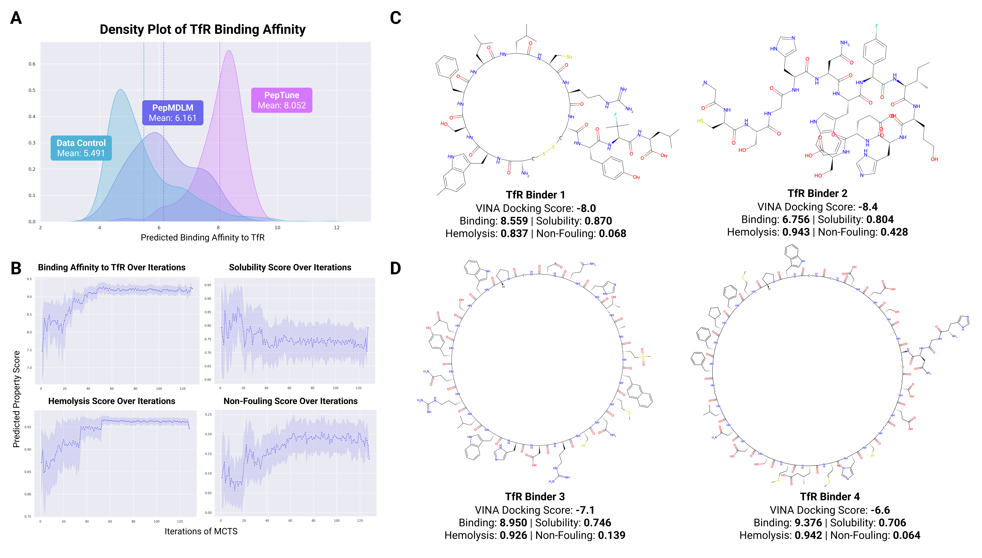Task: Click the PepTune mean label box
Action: click(281, 100)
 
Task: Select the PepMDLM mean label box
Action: click(173, 113)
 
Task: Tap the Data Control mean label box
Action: click(81, 148)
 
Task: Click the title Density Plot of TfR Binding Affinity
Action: click(202, 29)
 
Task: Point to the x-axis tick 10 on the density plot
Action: click(277, 228)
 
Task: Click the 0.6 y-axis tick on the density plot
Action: click(32, 64)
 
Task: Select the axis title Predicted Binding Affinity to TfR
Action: click(202, 238)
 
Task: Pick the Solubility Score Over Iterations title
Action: click(290, 268)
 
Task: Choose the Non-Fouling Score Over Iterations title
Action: click(290, 401)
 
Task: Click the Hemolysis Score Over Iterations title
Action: click(112, 401)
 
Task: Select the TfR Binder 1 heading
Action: click(535, 195)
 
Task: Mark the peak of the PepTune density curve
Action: click(229, 51)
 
